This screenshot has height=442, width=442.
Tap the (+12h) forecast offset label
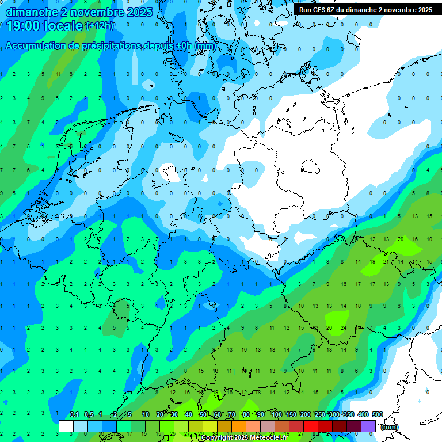tap(100, 26)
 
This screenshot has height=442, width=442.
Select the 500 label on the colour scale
tap(377, 415)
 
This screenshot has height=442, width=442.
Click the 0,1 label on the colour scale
tap(74, 415)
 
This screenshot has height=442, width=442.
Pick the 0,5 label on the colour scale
tap(88, 415)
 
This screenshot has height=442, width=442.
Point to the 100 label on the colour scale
tap(276, 415)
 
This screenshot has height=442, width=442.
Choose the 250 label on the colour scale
tap(319, 415)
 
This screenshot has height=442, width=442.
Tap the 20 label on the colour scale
tap(159, 415)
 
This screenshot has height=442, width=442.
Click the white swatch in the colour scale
tap(66, 426)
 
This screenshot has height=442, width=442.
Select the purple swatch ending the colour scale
tap(368, 426)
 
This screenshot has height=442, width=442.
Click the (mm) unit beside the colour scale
tap(390, 427)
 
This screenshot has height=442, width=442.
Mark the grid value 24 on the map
tap(343, 327)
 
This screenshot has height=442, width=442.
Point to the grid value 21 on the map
tap(386, 261)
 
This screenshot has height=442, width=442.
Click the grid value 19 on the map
tap(372, 261)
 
